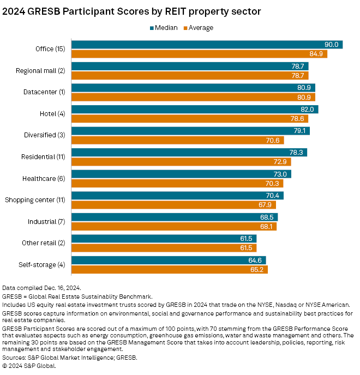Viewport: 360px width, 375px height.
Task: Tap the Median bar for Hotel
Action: [x=194, y=110]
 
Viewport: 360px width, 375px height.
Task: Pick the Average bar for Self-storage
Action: [x=169, y=269]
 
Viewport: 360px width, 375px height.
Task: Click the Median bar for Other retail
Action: [x=164, y=239]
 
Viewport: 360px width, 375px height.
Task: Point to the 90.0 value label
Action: [x=332, y=45]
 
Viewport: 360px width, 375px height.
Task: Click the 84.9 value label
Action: [x=316, y=54]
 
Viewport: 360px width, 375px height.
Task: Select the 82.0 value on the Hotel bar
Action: [x=308, y=110]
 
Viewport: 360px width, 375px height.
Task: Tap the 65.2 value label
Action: [x=257, y=269]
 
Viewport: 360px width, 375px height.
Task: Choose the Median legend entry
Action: [x=164, y=28]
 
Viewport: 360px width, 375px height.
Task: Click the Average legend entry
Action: [x=198, y=28]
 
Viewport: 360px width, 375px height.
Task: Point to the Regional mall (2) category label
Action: [x=40, y=70]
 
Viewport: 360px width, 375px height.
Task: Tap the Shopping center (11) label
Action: [x=35, y=200]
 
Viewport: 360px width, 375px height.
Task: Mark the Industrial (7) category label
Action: [x=46, y=221]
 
